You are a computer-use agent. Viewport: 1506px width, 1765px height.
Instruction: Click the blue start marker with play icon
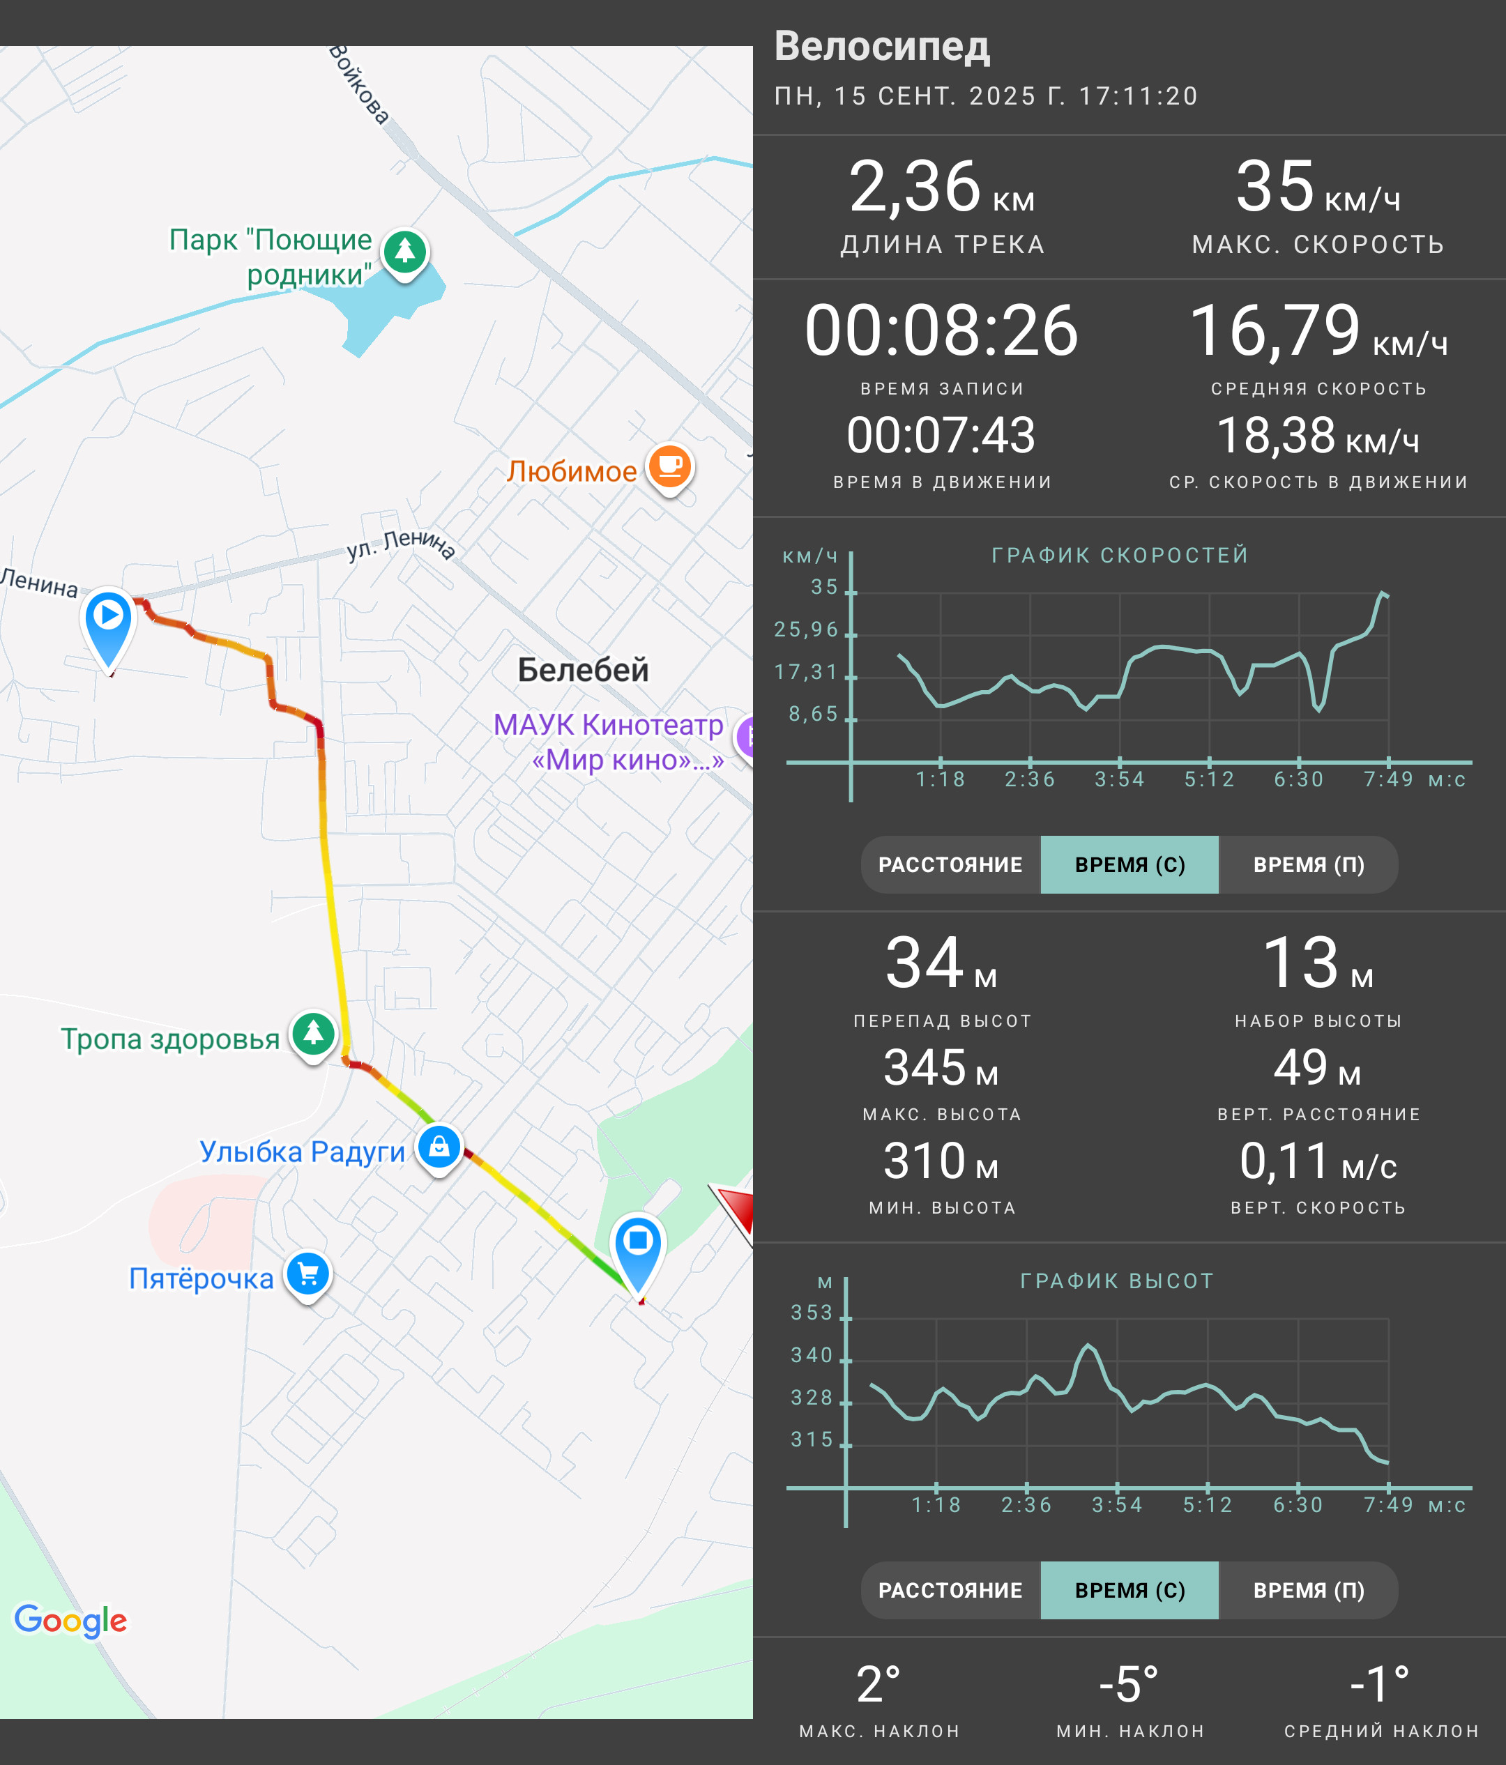click(x=108, y=626)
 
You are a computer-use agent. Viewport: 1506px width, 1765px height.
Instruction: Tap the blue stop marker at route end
click(x=638, y=1252)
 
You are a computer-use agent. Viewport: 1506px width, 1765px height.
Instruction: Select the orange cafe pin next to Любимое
click(x=670, y=467)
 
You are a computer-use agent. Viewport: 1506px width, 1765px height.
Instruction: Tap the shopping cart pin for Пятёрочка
click(x=307, y=1274)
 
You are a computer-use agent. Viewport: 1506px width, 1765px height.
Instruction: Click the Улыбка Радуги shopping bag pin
click(x=439, y=1147)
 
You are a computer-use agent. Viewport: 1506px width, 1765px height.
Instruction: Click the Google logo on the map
click(x=70, y=1620)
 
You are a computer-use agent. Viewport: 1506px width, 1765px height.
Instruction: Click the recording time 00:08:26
click(x=941, y=330)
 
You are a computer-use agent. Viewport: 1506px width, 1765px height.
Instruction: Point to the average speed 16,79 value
click(x=1275, y=330)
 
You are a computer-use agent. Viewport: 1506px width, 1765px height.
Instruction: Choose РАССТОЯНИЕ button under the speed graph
click(x=950, y=864)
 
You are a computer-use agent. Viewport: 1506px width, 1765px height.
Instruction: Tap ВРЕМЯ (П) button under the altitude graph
click(x=1309, y=1590)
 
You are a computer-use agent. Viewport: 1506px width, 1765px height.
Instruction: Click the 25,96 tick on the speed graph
click(x=806, y=629)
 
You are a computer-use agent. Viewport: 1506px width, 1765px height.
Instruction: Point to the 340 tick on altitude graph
click(x=812, y=1355)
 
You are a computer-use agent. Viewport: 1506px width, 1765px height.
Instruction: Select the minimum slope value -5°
click(x=1129, y=1684)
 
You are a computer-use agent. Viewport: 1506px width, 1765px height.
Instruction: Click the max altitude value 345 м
click(x=941, y=1067)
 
